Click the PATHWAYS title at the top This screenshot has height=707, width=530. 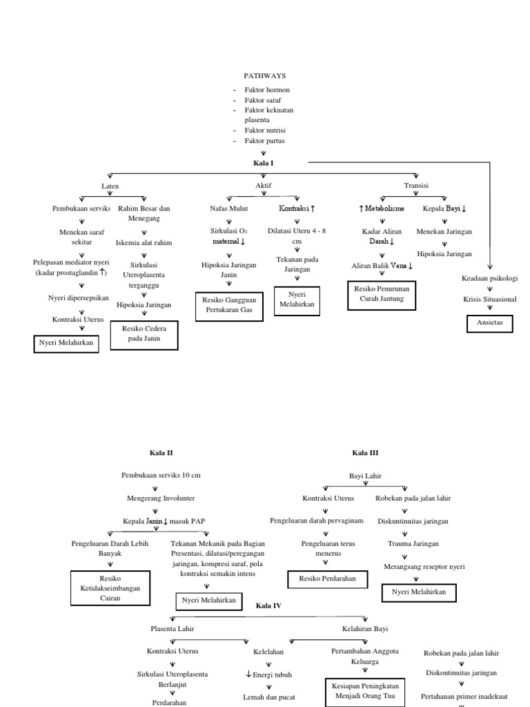click(x=264, y=75)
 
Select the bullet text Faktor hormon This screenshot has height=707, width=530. click(x=266, y=90)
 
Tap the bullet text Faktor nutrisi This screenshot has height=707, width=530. click(x=264, y=130)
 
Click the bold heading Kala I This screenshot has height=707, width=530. click(x=263, y=163)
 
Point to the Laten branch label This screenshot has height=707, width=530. click(x=110, y=186)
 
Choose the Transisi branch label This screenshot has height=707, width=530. click(x=416, y=186)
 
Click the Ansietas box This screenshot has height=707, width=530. click(x=490, y=322)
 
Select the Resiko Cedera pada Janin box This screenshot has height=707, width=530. click(x=144, y=334)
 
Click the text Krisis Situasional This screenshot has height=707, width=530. click(x=489, y=299)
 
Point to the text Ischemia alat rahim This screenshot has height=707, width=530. click(x=144, y=242)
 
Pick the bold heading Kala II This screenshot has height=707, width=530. click(x=161, y=453)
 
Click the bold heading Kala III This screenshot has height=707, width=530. click(x=365, y=453)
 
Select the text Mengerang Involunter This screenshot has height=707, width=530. click(x=161, y=498)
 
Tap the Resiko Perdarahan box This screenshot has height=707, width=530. click(x=324, y=579)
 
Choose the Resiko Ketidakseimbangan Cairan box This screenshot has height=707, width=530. click(x=110, y=588)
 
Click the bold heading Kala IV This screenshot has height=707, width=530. click(x=268, y=606)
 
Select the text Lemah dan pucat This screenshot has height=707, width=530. click(x=269, y=697)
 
